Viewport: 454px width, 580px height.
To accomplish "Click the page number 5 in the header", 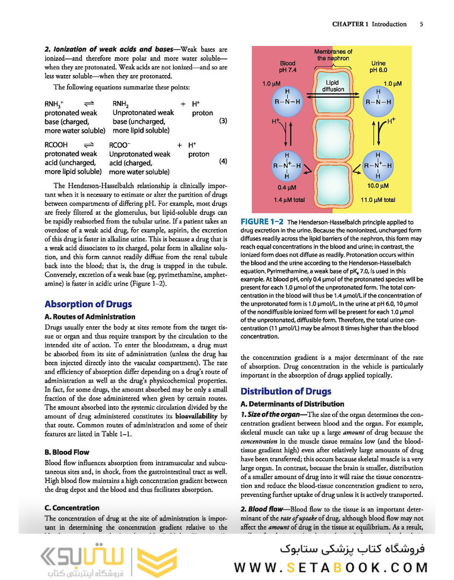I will coord(421,24).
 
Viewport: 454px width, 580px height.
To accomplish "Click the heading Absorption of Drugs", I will coord(88,304).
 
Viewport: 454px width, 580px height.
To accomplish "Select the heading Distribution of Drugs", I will coord(286,392).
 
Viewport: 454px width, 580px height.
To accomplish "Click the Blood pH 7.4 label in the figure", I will coord(288,67).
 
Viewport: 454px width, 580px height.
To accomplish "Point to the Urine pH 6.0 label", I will coord(382,67).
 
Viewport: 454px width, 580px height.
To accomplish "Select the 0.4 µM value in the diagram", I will coord(287,187).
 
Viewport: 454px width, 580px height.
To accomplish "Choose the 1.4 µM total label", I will coord(289,200).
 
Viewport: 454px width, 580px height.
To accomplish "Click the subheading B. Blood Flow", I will coord(67,452).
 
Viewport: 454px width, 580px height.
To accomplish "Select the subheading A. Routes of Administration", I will coord(90,317).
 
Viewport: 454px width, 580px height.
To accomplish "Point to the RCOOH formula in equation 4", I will coord(57,145).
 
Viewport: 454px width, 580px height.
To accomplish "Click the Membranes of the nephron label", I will coord(334,55).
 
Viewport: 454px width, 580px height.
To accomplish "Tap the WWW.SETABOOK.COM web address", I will coord(331,567).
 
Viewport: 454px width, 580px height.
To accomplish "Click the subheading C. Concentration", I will coord(72,508).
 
